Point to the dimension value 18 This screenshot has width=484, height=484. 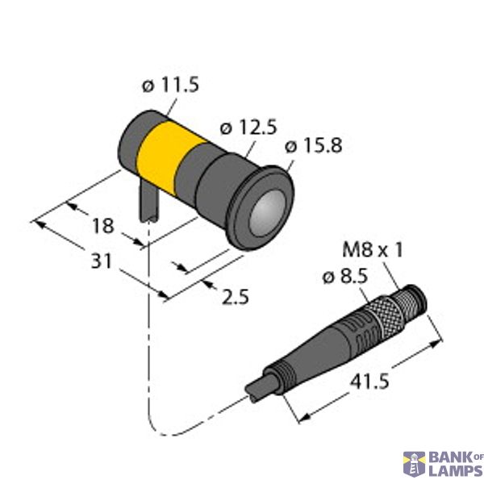tap(102, 225)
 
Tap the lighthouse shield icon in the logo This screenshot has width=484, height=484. tap(414, 464)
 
